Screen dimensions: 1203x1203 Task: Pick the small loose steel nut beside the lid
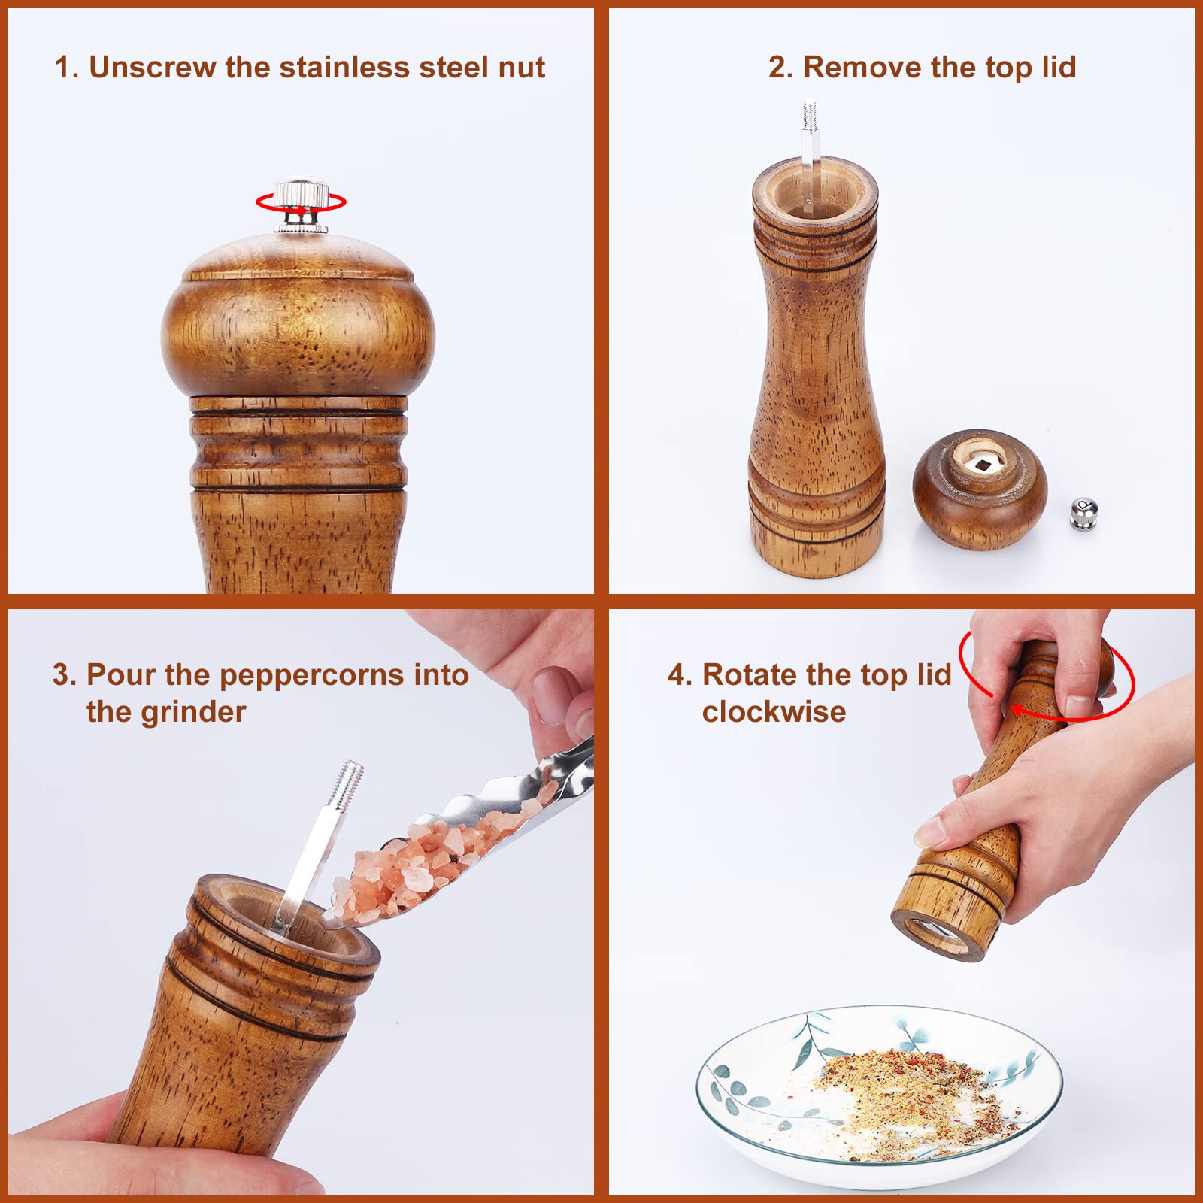[x=1083, y=515]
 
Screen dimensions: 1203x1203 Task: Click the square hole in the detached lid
[x=981, y=464]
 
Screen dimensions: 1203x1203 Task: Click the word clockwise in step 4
[x=774, y=711]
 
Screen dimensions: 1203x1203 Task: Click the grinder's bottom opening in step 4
[x=936, y=936]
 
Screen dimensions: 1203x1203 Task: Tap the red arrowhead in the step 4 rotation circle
[x=1017, y=710]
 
